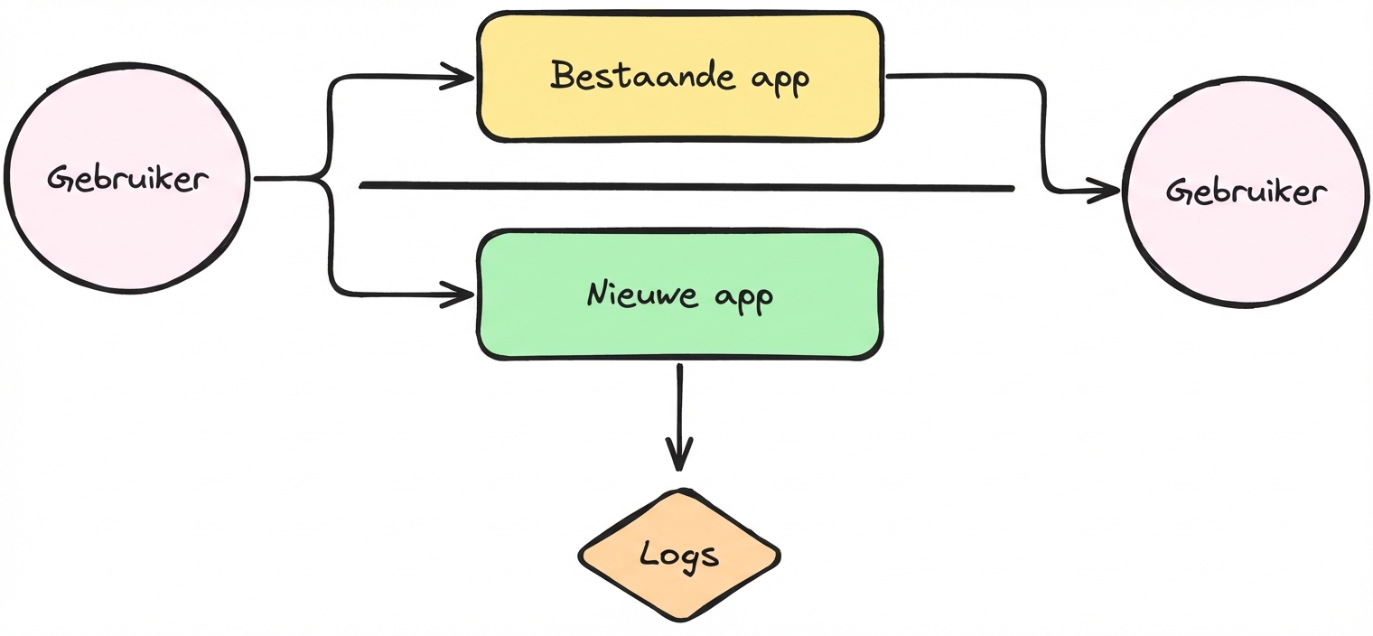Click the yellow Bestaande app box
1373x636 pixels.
pyautogui.click(x=680, y=77)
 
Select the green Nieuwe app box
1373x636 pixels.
pyautogui.click(x=680, y=295)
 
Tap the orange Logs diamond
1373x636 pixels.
pyautogui.click(x=679, y=555)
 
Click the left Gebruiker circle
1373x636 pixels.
pyautogui.click(x=126, y=178)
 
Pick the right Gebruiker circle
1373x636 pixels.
pyautogui.click(x=1247, y=192)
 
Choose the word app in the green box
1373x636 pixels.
pyautogui.click(x=743, y=299)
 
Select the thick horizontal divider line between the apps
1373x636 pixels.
pyautogui.click(x=686, y=186)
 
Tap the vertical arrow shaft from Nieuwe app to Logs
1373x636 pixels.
pyautogui.click(x=679, y=417)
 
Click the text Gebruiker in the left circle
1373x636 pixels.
pyautogui.click(x=127, y=179)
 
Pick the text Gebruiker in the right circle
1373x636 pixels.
pyautogui.click(x=1247, y=192)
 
